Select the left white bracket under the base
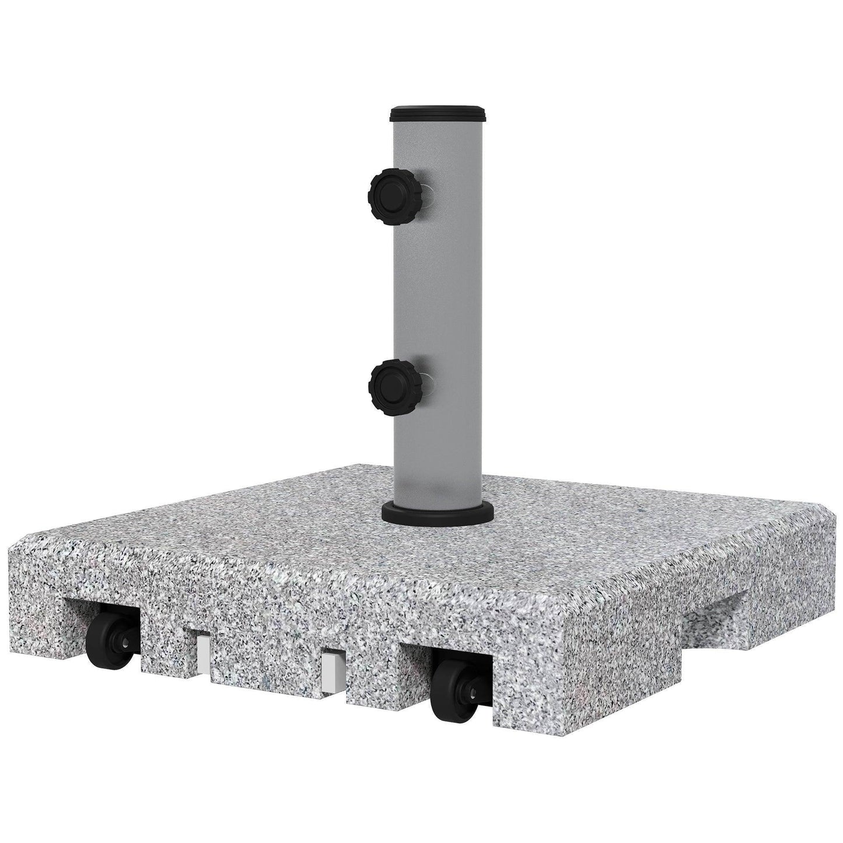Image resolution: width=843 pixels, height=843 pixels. coord(202,654)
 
